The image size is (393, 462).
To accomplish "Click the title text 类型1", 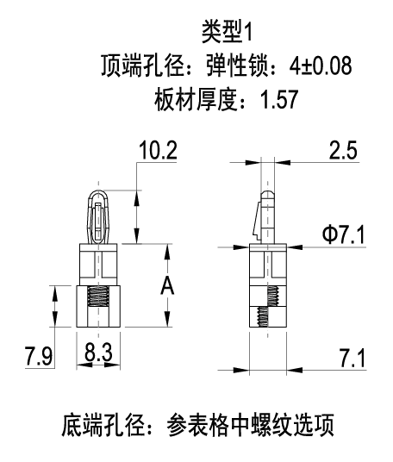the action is pos(227,32).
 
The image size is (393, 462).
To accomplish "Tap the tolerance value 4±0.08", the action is pos(321,66).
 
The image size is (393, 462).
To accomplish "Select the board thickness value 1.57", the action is pos(279,100).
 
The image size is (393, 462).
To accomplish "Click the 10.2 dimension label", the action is pos(158,150).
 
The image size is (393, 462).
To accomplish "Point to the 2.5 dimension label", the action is pos(343,150).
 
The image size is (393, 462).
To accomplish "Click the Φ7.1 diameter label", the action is pos(344,234).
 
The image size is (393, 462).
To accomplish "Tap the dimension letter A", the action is pos(167,285).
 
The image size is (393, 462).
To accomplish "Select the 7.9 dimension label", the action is pos(39,356).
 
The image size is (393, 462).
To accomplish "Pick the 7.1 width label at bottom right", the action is pos(352,359).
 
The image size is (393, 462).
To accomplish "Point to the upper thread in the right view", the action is pos(273,297).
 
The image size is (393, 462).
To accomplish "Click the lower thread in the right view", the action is pos(263,316).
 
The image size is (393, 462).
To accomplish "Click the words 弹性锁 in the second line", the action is pos(237,66).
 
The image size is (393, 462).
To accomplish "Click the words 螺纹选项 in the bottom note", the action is pos(293,425).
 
